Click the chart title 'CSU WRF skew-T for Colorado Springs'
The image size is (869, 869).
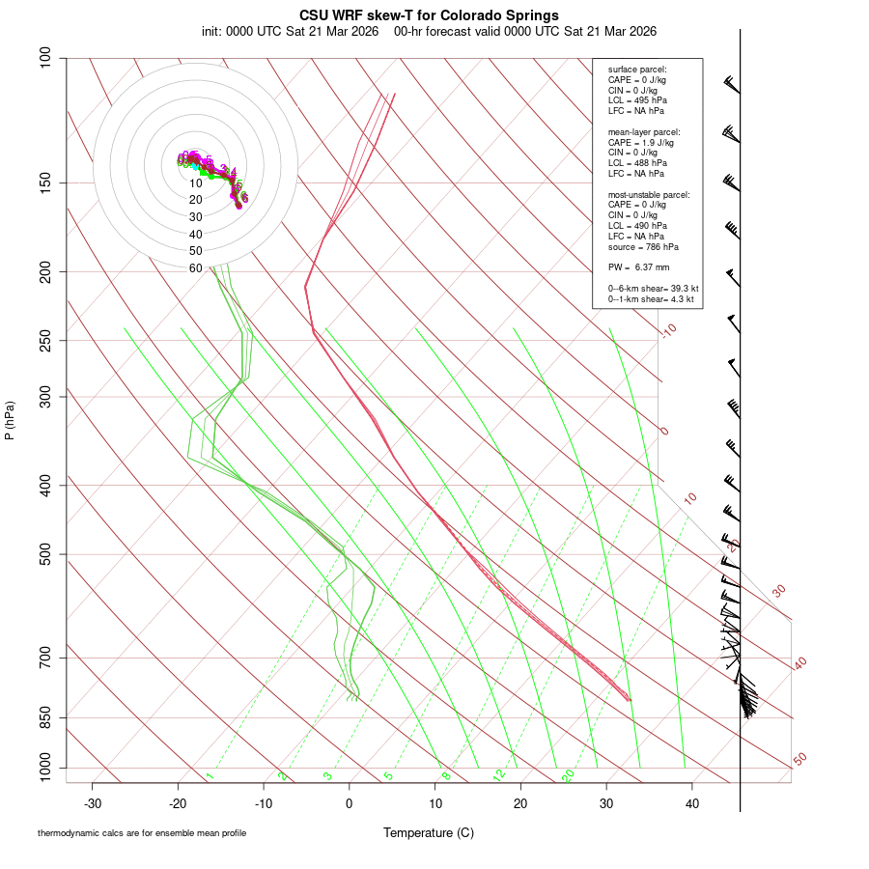click(x=429, y=14)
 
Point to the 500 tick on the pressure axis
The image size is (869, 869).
click(x=45, y=554)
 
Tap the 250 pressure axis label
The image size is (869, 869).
click(x=45, y=340)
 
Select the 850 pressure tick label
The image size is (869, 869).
click(x=45, y=717)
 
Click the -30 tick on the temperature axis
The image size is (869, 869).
click(x=93, y=803)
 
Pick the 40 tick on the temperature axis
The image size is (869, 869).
click(x=691, y=803)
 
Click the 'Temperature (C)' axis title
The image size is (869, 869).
click(x=429, y=832)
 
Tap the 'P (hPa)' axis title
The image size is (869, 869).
click(x=10, y=421)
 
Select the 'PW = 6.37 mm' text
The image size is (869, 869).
click(x=638, y=267)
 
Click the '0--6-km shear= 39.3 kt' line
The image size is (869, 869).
click(x=653, y=289)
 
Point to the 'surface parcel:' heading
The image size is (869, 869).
click(x=637, y=70)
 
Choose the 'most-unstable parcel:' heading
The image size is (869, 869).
click(x=649, y=194)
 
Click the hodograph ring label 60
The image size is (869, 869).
click(x=195, y=267)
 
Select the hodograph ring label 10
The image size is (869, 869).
click(x=195, y=183)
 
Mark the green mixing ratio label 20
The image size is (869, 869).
click(x=569, y=774)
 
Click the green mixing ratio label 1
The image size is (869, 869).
click(x=210, y=776)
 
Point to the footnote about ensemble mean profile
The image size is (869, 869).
click(x=142, y=833)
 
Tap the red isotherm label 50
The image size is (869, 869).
click(x=799, y=760)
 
